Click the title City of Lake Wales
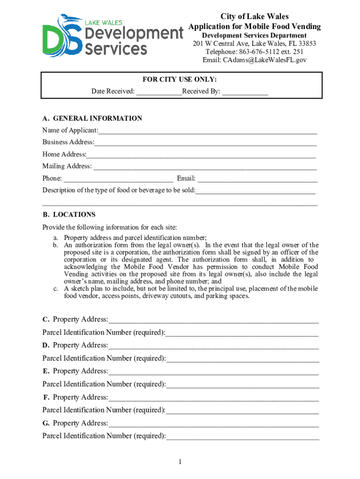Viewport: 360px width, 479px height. coord(254,17)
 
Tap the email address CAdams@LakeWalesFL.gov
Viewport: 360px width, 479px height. coord(254,60)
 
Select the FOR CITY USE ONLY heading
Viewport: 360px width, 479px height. coord(180,80)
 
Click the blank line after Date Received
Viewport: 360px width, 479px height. coord(159,92)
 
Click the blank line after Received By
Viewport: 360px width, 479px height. coord(245,92)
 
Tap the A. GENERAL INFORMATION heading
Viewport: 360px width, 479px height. coord(92,118)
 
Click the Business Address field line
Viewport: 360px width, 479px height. coord(205,143)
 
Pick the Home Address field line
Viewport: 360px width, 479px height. coord(201,155)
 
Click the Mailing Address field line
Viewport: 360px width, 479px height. coord(205,167)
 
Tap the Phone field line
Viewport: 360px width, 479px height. coord(118,180)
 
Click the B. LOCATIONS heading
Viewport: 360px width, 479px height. coord(69,215)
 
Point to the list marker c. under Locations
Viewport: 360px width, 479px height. coord(55,289)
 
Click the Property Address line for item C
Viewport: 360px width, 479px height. coord(213,320)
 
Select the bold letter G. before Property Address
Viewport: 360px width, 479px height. coord(46,423)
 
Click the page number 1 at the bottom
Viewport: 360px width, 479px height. coord(180,462)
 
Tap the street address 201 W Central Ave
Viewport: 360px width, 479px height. coord(220,44)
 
